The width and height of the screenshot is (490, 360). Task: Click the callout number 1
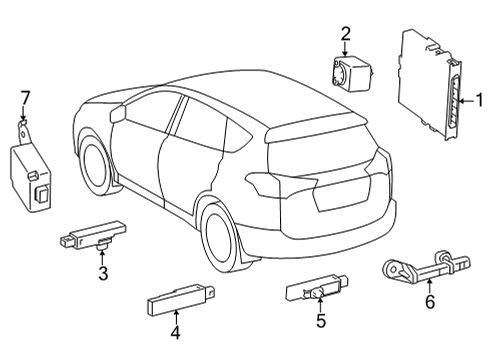click(x=479, y=100)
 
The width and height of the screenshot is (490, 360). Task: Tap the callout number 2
click(x=345, y=35)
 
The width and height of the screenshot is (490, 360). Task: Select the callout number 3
click(x=102, y=272)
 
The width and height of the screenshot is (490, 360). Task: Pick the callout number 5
click(x=320, y=320)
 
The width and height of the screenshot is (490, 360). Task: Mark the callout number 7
click(x=26, y=97)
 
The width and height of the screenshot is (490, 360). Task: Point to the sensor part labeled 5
click(x=318, y=292)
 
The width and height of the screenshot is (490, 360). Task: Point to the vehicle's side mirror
click(x=119, y=113)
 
